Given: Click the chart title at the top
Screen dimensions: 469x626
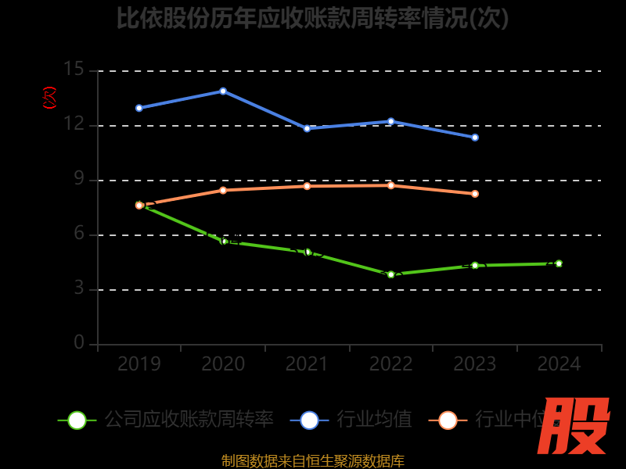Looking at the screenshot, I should [313, 18].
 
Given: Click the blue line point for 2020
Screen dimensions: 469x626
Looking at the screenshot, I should [223, 91].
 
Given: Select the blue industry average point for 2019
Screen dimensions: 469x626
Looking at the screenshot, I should [139, 108].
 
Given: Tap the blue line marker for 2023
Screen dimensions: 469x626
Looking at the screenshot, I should [475, 138].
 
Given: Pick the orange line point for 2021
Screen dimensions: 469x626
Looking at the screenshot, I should [307, 186].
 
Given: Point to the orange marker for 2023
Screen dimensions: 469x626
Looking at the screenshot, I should [475, 194].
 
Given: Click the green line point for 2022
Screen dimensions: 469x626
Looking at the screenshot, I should [391, 274].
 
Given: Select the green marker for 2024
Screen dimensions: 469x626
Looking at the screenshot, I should [559, 263].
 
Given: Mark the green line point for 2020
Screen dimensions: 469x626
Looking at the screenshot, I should [224, 242].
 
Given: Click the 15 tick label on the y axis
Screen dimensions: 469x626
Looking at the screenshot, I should [74, 70].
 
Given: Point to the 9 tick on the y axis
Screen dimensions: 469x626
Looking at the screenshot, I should [79, 179].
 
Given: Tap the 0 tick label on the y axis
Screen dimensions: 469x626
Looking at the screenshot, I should [79, 343].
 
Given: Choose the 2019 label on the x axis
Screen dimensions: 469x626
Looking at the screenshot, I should [139, 364].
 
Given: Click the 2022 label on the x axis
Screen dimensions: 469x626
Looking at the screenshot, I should [391, 364].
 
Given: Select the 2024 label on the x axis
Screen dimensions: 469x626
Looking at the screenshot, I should [559, 364].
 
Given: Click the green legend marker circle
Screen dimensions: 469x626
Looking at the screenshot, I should [77, 420].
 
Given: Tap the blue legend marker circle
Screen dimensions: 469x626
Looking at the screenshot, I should [309, 420].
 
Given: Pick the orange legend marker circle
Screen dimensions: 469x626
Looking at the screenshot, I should [448, 420].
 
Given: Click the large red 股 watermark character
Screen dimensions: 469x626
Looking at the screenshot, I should [575, 426].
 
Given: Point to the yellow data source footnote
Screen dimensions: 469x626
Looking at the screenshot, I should [313, 461].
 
